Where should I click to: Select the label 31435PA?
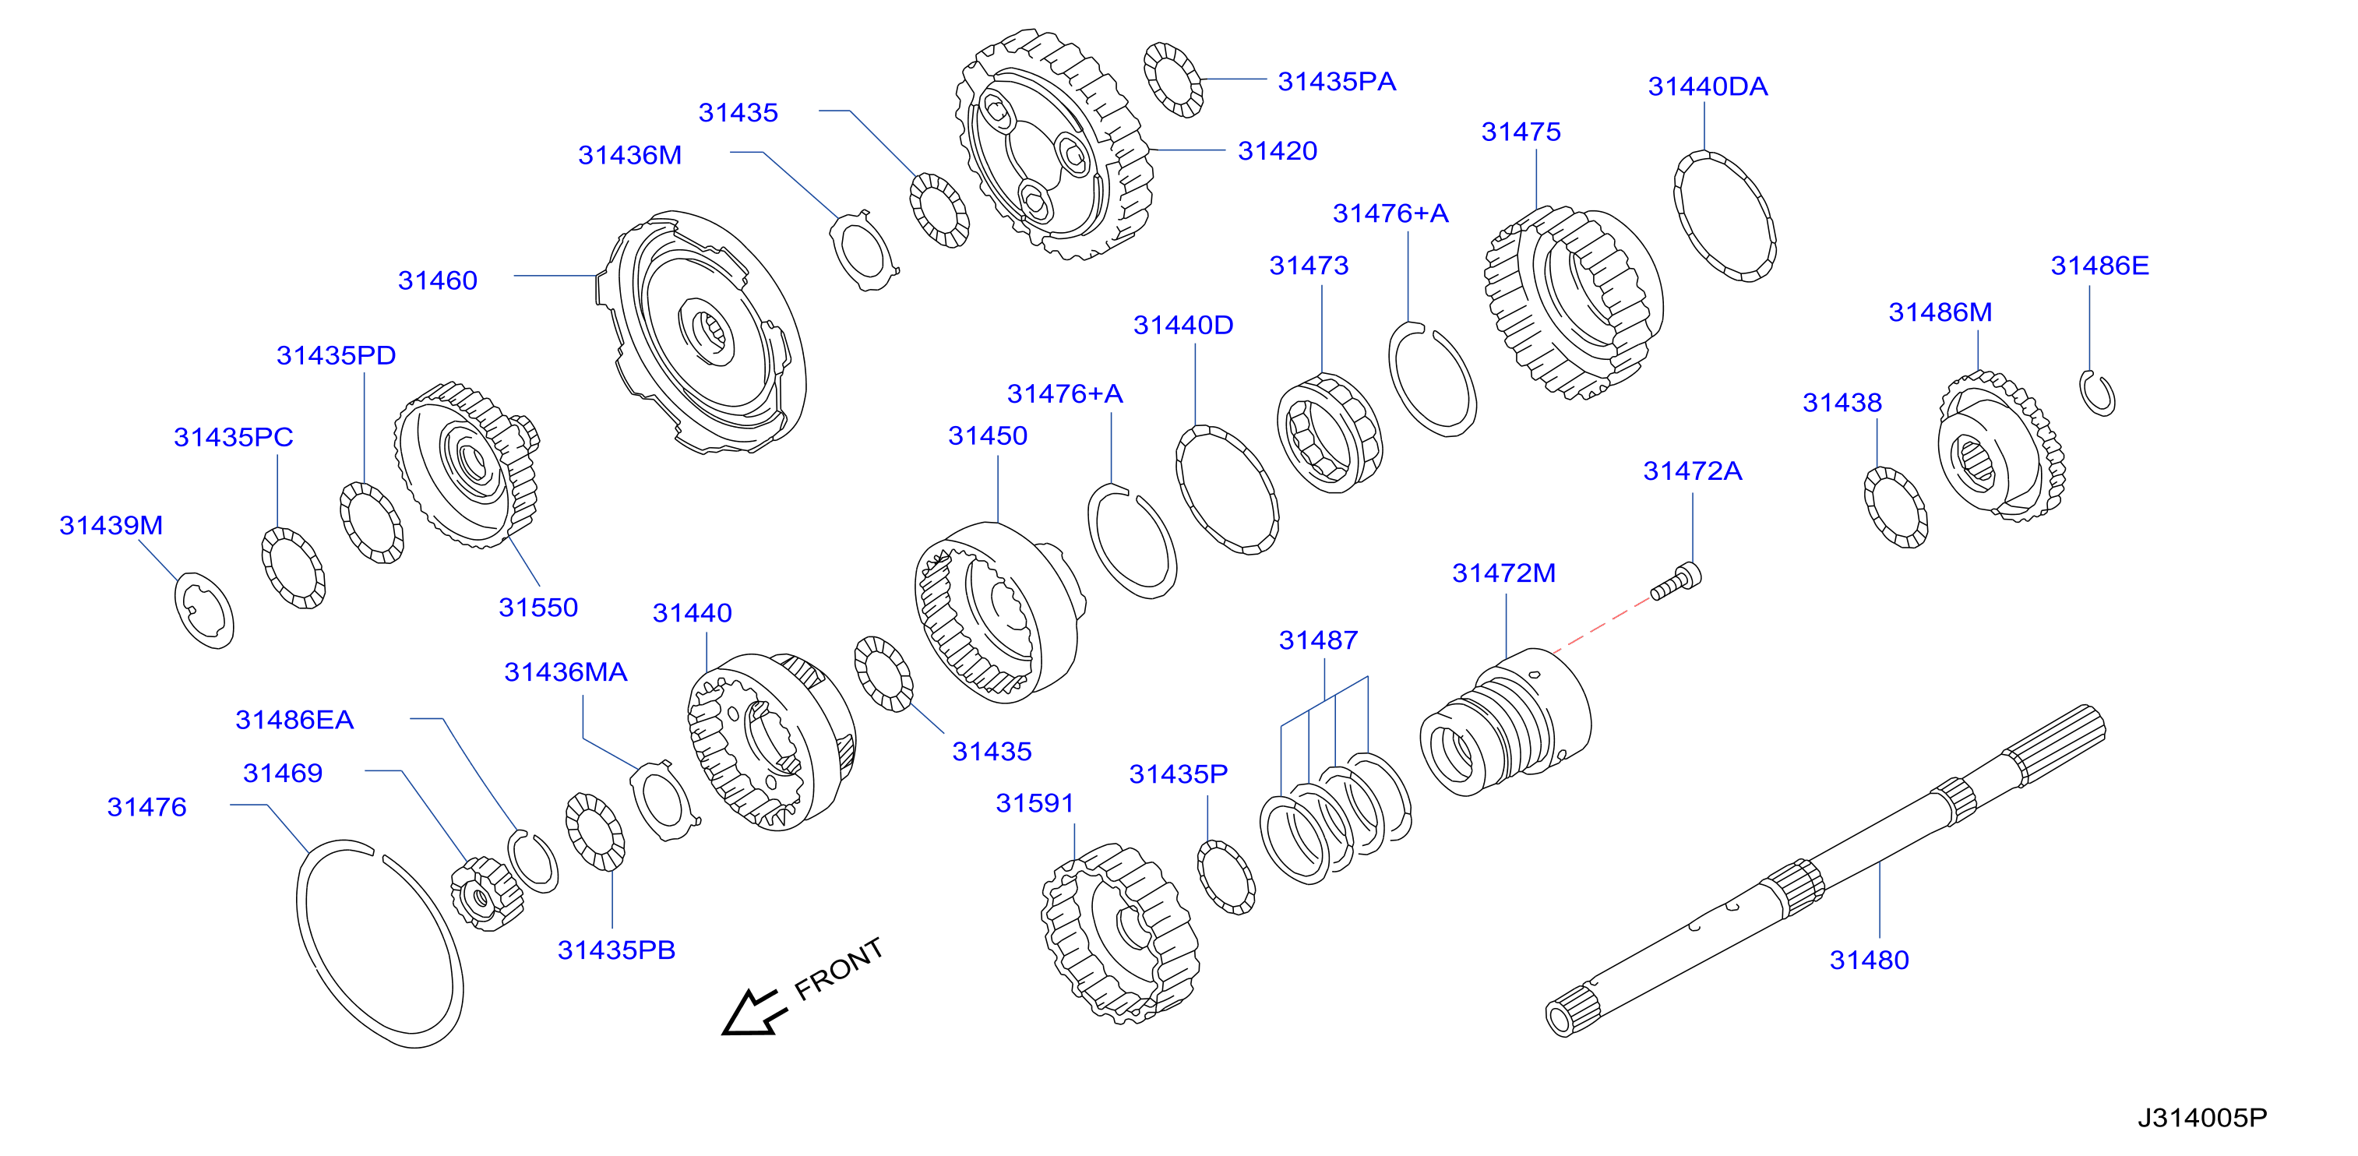pyautogui.click(x=1337, y=82)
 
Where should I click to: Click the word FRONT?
pyautogui.click(x=838, y=968)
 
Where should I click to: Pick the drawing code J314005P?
pyautogui.click(x=2202, y=1118)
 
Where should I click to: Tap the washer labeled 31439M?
pyautogui.click(x=204, y=611)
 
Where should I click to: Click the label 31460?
pyautogui.click(x=438, y=280)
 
